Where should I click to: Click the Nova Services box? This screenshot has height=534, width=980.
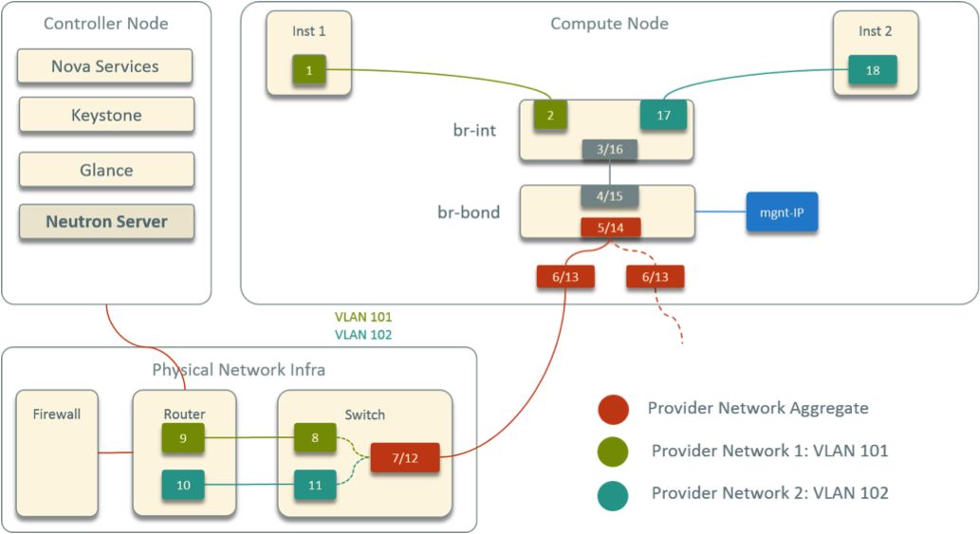105,66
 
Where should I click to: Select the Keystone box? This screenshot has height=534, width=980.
105,116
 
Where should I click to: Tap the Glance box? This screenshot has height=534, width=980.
105,171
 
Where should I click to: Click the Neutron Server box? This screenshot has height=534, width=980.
105,222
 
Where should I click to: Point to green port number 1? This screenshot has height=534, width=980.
308,69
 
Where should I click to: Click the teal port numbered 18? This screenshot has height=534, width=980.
872,70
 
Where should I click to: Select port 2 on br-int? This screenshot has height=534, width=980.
550,116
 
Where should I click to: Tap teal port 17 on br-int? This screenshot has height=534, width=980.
663,116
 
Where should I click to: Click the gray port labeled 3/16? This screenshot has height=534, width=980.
609,149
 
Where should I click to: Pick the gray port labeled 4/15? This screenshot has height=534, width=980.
609,196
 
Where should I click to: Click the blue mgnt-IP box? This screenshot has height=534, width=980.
782,212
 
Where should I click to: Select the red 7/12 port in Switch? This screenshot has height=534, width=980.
404,458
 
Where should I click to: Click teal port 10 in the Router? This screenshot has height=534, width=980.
184,486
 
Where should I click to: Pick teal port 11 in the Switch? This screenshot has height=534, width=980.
316,486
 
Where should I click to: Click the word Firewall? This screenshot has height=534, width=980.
57,414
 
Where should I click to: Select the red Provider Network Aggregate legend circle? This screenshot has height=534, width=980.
613,409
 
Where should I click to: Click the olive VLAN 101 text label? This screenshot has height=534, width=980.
363,318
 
